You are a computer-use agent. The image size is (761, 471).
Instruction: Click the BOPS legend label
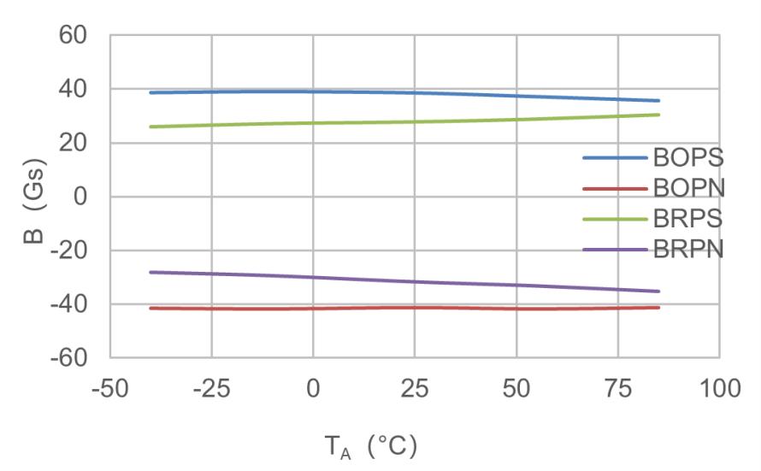click(x=688, y=157)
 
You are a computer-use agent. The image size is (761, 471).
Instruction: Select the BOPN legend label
click(x=689, y=188)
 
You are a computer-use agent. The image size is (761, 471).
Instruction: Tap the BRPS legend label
click(x=687, y=219)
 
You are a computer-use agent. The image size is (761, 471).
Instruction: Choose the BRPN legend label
click(x=688, y=250)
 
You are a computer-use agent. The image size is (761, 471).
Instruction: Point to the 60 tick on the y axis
click(x=73, y=35)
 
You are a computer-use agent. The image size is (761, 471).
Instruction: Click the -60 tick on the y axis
click(x=69, y=358)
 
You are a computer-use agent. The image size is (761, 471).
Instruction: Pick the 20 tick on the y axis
click(x=73, y=143)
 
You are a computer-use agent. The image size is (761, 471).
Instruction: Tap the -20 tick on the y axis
click(x=69, y=250)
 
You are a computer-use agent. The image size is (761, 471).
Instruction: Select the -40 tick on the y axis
click(x=69, y=304)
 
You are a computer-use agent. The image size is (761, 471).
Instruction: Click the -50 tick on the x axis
click(x=110, y=389)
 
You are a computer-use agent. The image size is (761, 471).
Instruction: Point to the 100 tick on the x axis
click(x=719, y=389)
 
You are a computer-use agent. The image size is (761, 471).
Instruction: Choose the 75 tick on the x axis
click(x=618, y=389)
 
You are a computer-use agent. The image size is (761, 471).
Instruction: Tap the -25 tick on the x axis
click(x=211, y=389)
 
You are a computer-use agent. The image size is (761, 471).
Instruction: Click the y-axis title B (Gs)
click(x=34, y=201)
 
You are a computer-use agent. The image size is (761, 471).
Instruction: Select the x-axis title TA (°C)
click(x=371, y=447)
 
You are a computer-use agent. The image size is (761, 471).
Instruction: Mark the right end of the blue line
click(x=658, y=101)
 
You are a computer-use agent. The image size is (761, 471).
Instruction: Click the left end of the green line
click(x=151, y=127)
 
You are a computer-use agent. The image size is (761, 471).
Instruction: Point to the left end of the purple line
click(x=151, y=272)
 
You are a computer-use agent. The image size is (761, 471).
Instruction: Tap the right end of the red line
click(x=658, y=308)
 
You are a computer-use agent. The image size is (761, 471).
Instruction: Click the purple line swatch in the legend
click(x=616, y=250)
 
